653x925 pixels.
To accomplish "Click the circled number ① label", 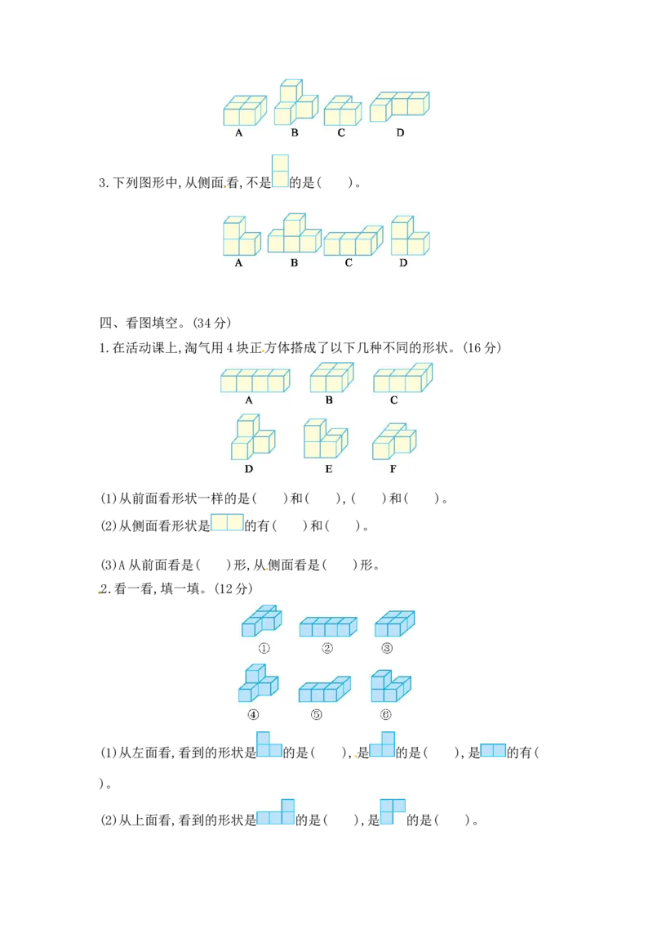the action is pyautogui.click(x=264, y=648).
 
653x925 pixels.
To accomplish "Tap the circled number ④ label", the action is pyautogui.click(x=253, y=714).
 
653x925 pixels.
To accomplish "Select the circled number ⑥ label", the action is pyautogui.click(x=385, y=714).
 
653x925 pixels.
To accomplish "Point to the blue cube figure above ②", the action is pyautogui.click(x=328, y=627).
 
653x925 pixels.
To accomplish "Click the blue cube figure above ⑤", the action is pyautogui.click(x=325, y=689).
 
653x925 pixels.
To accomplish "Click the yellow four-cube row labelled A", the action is pyautogui.click(x=255, y=381).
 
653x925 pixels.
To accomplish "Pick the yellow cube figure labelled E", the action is pyautogui.click(x=326, y=439).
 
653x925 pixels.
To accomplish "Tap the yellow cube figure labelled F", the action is pyautogui.click(x=394, y=441).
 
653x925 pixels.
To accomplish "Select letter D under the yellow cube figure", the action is pyautogui.click(x=249, y=469).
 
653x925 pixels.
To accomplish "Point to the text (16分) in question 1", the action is pyautogui.click(x=482, y=347).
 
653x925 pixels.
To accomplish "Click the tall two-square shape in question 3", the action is pyautogui.click(x=281, y=171).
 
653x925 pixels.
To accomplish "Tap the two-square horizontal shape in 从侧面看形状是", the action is pyautogui.click(x=228, y=523).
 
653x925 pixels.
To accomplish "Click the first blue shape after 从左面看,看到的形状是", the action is pyautogui.click(x=269, y=744).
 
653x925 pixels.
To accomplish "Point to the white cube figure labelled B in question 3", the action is pyautogui.click(x=295, y=234).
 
